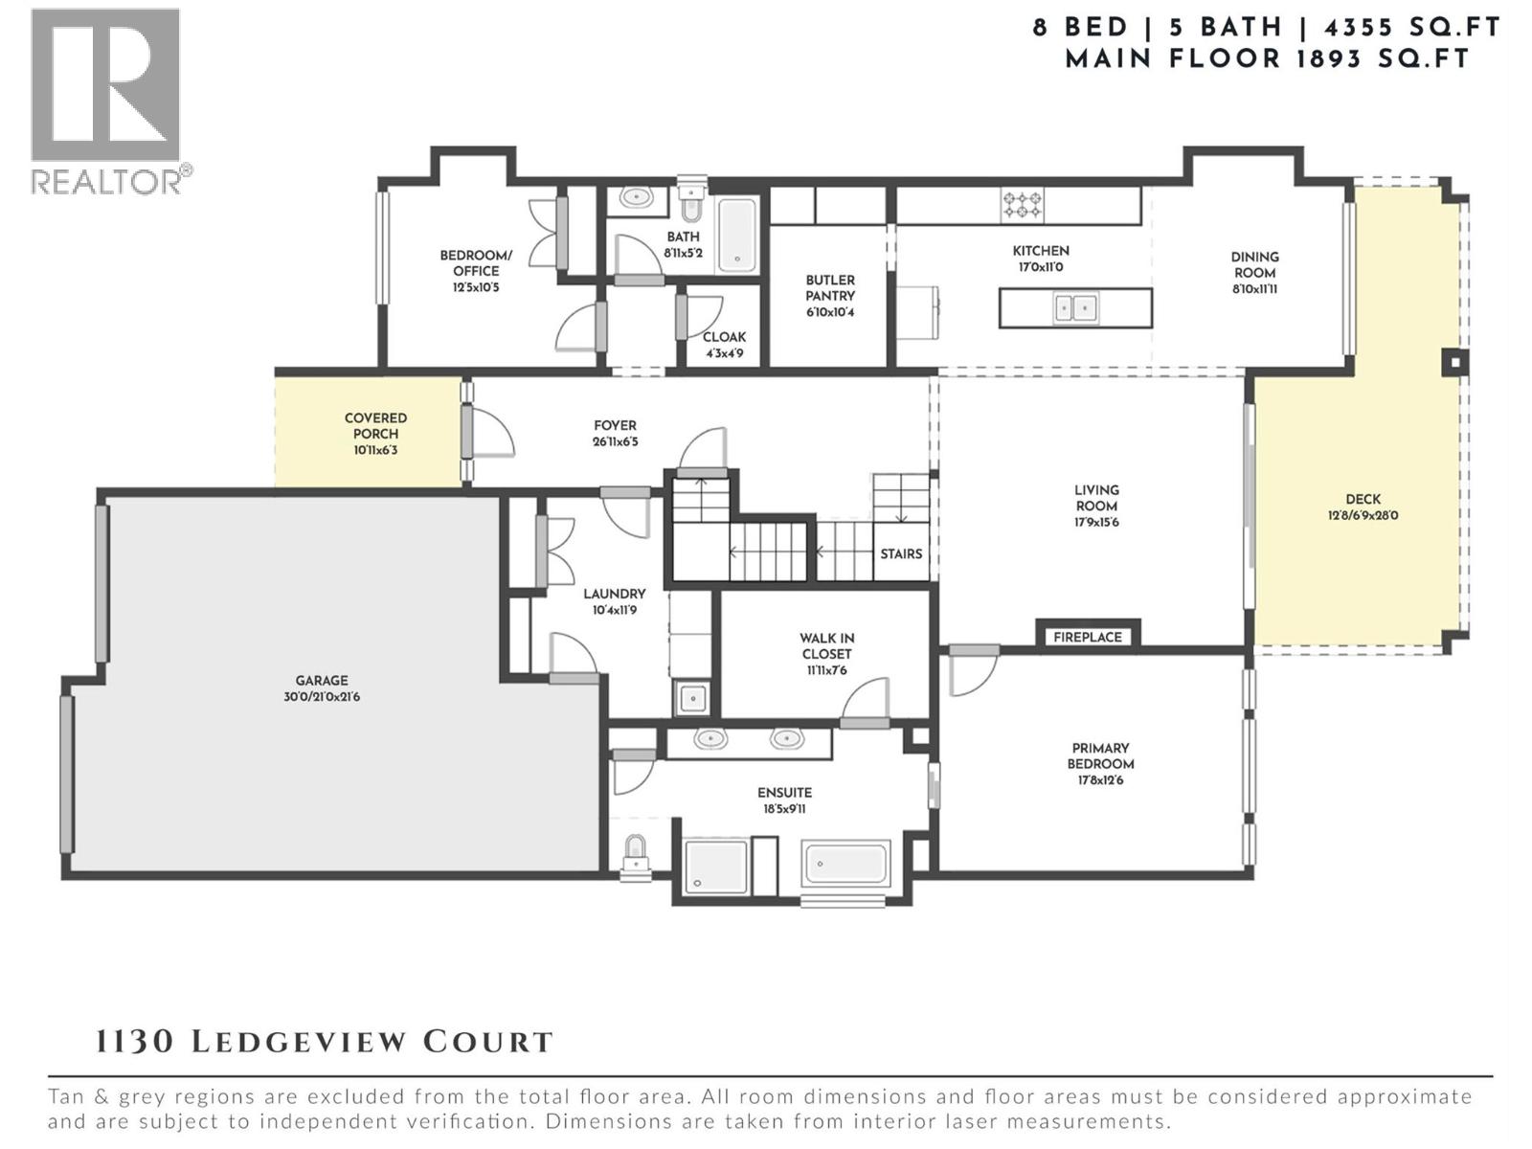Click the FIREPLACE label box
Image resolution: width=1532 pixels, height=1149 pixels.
pyautogui.click(x=1087, y=637)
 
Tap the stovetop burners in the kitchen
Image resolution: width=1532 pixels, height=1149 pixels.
pyautogui.click(x=1022, y=204)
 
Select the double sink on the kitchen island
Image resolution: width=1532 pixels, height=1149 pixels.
pyautogui.click(x=1075, y=308)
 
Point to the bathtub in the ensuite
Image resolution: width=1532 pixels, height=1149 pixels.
pyautogui.click(x=846, y=864)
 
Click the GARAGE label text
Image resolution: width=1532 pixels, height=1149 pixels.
pyautogui.click(x=321, y=681)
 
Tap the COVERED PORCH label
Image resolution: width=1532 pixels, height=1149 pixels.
pyautogui.click(x=375, y=426)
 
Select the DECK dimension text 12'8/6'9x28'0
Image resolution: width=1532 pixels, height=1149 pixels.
pyautogui.click(x=1363, y=515)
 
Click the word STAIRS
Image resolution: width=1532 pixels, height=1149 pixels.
pyautogui.click(x=901, y=553)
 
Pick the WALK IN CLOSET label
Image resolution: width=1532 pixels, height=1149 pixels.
pyautogui.click(x=826, y=646)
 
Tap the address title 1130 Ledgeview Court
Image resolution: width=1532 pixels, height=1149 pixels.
pyautogui.click(x=325, y=1042)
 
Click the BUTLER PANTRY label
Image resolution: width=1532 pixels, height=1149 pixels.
pyautogui.click(x=829, y=288)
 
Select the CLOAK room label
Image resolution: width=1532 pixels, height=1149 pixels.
pyautogui.click(x=724, y=337)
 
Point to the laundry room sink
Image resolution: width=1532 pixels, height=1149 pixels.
pyautogui.click(x=691, y=698)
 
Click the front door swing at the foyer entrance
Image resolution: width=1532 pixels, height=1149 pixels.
pyautogui.click(x=490, y=433)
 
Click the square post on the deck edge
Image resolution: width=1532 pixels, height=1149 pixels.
pyautogui.click(x=1454, y=362)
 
